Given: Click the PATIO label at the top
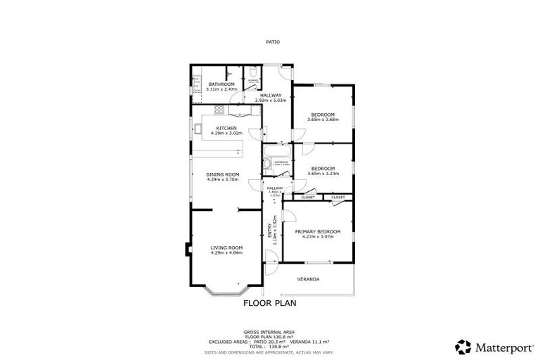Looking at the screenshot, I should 272,41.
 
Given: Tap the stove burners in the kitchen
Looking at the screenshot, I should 219,109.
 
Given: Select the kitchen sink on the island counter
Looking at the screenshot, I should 199,129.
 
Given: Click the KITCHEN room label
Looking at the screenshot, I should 216,127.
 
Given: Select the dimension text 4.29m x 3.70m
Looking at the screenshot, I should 223,179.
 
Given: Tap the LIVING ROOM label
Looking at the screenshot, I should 226,247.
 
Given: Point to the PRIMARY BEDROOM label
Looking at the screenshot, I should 318,231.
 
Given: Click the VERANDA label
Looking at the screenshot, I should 308,279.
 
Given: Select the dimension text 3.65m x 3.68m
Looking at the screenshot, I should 323,120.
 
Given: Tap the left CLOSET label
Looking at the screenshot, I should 307,198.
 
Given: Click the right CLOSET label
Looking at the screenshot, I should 338,198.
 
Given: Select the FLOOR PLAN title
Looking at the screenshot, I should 269,304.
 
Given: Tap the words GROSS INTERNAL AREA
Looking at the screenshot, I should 269,331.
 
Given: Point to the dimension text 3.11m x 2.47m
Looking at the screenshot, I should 211,89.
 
